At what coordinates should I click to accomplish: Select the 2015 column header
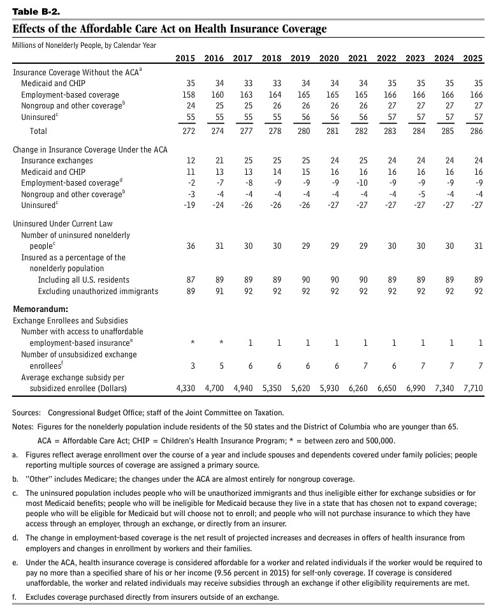185,59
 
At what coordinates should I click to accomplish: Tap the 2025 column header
472,59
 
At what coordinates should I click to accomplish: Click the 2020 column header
329,59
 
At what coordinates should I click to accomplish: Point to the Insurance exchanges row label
57,161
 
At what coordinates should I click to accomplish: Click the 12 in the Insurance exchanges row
191,161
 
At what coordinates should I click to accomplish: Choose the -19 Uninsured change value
189,206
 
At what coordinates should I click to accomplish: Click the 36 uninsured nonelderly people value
191,246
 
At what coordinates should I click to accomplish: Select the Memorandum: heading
40,309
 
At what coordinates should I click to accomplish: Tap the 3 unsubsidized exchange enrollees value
193,366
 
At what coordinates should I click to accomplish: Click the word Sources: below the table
27,413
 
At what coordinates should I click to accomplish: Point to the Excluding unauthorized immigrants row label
98,292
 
